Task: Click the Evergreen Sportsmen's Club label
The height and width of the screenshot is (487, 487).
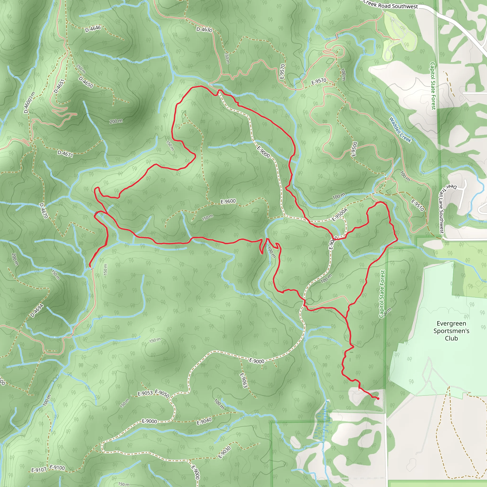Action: click(451, 331)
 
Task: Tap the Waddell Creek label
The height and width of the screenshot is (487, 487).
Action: click(400, 130)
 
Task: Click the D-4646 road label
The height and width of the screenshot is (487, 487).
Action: click(93, 29)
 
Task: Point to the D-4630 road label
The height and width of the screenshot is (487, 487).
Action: click(204, 29)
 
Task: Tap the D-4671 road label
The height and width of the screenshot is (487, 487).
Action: click(65, 154)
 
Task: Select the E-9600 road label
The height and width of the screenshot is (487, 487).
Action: click(228, 201)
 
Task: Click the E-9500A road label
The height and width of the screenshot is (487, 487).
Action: click(340, 215)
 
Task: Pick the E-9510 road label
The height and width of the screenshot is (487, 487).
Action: click(418, 205)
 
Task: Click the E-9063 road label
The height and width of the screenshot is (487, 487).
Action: click(243, 380)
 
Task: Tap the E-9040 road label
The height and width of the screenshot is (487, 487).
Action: click(204, 421)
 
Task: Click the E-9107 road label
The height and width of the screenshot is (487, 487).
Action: click(39, 470)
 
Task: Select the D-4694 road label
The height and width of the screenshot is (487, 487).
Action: click(37, 311)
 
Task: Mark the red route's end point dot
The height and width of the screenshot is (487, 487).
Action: click(378, 399)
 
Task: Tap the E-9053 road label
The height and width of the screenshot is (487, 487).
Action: click(145, 393)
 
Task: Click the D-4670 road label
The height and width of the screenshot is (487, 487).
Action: click(44, 211)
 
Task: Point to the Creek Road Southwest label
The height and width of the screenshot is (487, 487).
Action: click(391, 5)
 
